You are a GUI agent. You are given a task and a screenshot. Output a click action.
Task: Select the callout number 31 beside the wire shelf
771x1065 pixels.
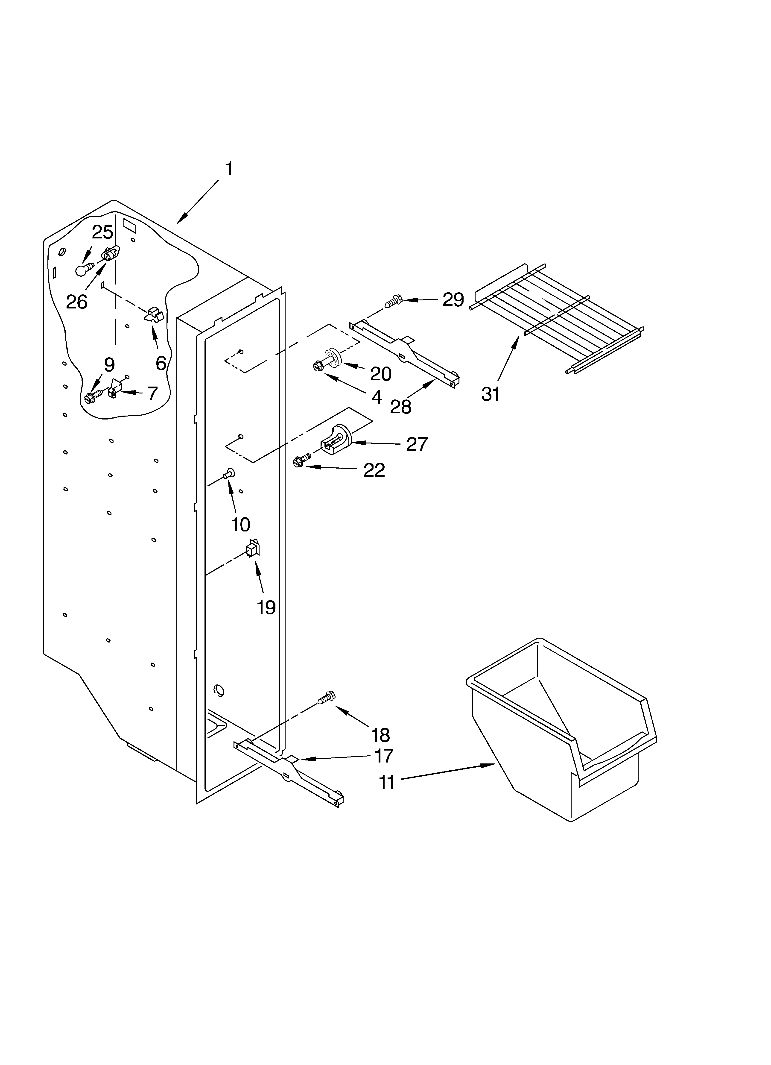[490, 394]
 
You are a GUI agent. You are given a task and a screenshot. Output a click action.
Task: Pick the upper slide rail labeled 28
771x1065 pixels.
[404, 352]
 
